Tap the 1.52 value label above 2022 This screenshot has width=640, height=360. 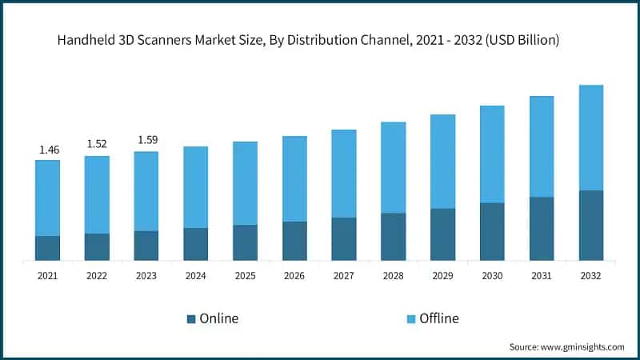tap(97, 144)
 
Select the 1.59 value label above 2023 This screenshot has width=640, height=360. tap(147, 140)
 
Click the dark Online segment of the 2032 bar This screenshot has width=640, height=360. tap(590, 225)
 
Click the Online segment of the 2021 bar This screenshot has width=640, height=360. tap(47, 248)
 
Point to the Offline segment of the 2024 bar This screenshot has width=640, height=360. tap(195, 187)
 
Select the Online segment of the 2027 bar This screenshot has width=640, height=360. tap(344, 238)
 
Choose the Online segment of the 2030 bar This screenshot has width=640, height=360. tap(492, 231)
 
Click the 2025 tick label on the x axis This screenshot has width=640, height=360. tap(245, 276)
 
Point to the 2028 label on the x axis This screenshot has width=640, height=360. tap(393, 276)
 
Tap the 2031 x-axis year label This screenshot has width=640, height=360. tap(541, 276)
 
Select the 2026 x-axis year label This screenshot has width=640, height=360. tap(294, 276)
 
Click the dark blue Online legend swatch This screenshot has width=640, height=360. tap(191, 319)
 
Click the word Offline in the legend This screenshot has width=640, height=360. tap(439, 318)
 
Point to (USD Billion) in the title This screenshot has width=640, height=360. tap(519, 41)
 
